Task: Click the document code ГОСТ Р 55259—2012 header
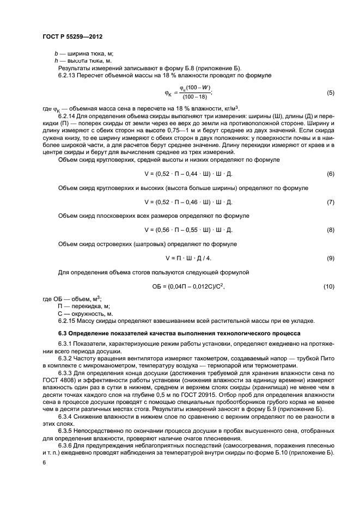[x=72, y=36]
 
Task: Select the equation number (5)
[x=330, y=93]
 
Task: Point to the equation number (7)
[x=330, y=201]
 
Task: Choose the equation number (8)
[x=330, y=230]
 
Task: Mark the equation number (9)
[x=330, y=257]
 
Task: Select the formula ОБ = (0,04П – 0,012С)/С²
[x=188, y=286]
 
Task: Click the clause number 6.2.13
[x=68, y=75]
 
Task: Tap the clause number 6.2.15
[x=68, y=321]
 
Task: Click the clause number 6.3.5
[x=66, y=431]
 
